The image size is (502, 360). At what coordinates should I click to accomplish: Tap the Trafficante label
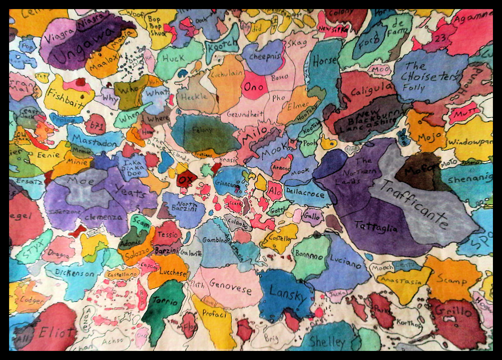(414, 204)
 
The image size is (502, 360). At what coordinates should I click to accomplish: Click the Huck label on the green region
(174, 58)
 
